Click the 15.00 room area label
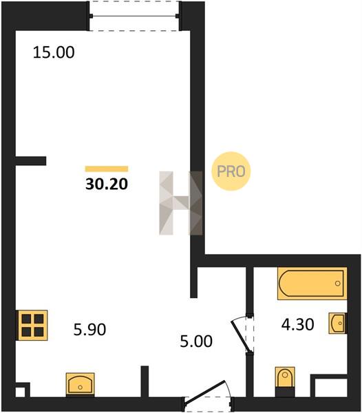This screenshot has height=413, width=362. pyautogui.click(x=54, y=52)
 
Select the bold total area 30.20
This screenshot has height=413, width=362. pyautogui.click(x=107, y=184)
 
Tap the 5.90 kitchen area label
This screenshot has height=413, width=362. pyautogui.click(x=89, y=329)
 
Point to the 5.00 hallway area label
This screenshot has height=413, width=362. pyautogui.click(x=196, y=341)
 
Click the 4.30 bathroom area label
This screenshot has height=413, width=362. pyautogui.click(x=297, y=324)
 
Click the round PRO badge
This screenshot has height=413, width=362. pyautogui.click(x=231, y=171)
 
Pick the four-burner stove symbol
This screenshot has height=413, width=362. pyautogui.click(x=32, y=325)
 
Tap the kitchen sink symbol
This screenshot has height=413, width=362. pyautogui.click(x=80, y=384)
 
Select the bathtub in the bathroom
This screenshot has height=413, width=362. pyautogui.click(x=312, y=284)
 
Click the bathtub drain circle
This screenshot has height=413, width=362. pyautogui.click(x=337, y=284)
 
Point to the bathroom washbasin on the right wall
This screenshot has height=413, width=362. pyautogui.click(x=337, y=323)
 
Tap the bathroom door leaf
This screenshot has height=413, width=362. pyautogui.click(x=240, y=336)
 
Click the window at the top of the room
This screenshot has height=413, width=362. pyautogui.click(x=134, y=16)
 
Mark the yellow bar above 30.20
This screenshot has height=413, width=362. pyautogui.click(x=107, y=169)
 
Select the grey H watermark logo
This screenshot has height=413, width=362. pyautogui.click(x=181, y=203)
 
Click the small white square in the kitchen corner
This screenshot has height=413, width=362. pyautogui.click(x=20, y=392)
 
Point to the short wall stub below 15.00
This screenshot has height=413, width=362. pyautogui.click(x=30, y=161)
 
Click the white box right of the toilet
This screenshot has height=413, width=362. pyautogui.click(x=330, y=388)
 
